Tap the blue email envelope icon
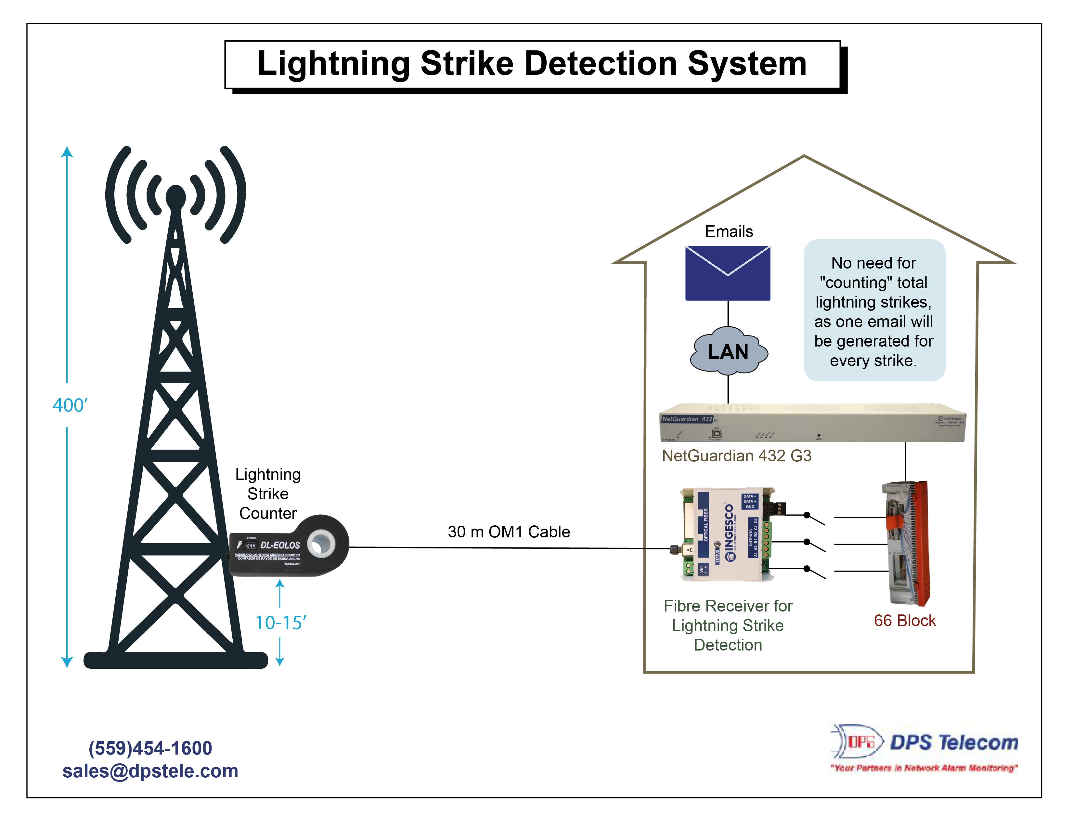point(728,273)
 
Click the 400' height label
point(70,405)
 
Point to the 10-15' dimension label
point(280,623)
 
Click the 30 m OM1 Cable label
point(509,532)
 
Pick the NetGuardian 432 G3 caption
point(736,455)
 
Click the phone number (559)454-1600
point(150,748)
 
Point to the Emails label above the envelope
point(729,231)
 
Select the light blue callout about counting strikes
point(874,310)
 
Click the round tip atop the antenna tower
point(175,197)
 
